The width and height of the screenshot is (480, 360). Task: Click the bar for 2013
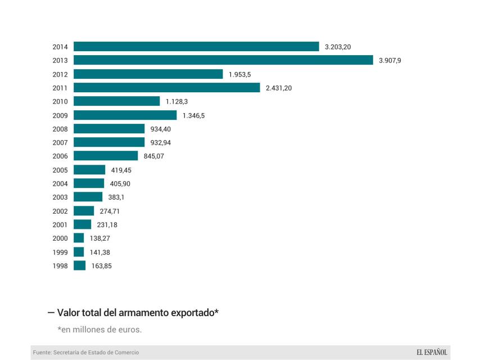coord(223,60)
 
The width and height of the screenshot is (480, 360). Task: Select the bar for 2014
coord(196,47)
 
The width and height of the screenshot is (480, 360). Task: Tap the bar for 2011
coord(166,88)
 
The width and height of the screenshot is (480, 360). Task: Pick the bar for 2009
coord(125,115)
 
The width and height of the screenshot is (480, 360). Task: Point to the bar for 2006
coord(106,156)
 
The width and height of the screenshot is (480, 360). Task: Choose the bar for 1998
coord(79,265)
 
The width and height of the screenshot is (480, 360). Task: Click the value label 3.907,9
coord(390,61)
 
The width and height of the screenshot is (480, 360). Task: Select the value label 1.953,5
coord(239,74)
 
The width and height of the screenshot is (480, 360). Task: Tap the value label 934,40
coord(161,129)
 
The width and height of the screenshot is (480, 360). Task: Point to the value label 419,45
coord(121,170)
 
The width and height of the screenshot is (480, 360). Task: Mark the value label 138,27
coord(101,238)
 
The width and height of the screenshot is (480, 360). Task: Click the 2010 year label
coord(60,102)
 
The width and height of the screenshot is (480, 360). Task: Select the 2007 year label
coord(60,142)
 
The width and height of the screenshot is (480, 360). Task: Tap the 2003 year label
coord(60,197)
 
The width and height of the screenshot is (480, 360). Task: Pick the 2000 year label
coord(60,238)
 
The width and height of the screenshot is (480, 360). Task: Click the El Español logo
coord(432,353)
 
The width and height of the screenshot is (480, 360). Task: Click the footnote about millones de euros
coord(99,330)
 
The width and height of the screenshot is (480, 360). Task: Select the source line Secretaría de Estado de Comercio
coord(85,353)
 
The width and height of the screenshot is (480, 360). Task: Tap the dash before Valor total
coord(51,312)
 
